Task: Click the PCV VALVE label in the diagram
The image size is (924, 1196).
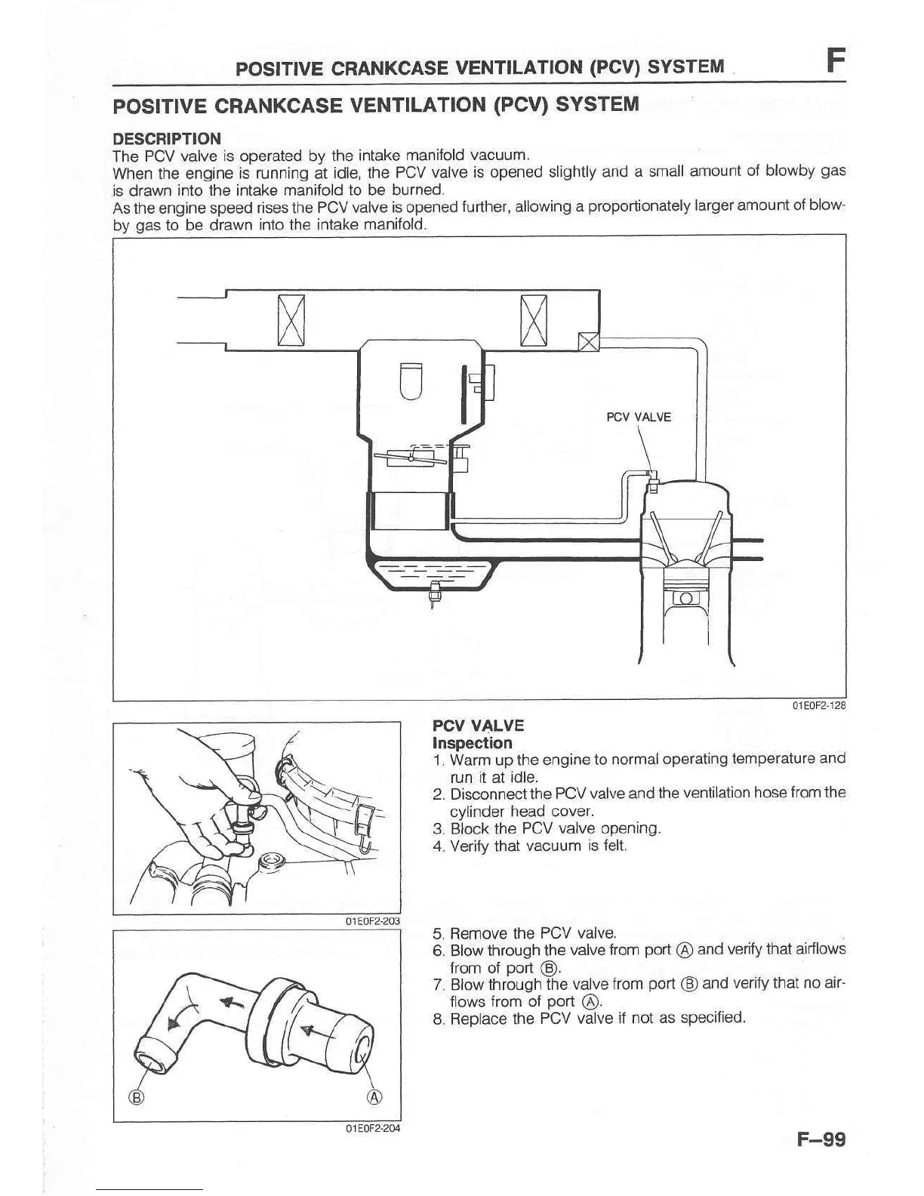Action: [x=639, y=417]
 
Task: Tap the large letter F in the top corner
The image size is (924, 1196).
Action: [x=833, y=60]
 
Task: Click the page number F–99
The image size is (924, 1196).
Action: [x=821, y=1139]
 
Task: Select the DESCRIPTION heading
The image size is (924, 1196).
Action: [x=167, y=139]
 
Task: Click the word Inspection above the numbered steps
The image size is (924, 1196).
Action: [x=472, y=743]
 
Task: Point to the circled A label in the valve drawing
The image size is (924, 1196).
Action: [x=374, y=1097]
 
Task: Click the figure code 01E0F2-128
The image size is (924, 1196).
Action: [x=818, y=706]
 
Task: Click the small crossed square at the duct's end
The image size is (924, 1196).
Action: [x=588, y=342]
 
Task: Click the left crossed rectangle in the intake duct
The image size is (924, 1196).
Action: [x=291, y=320]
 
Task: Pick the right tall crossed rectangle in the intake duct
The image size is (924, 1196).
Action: [x=534, y=320]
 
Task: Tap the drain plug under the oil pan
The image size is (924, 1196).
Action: [x=433, y=593]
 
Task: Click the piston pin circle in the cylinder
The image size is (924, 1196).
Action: [x=685, y=598]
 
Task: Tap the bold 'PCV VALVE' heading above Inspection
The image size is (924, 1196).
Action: [x=478, y=726]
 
